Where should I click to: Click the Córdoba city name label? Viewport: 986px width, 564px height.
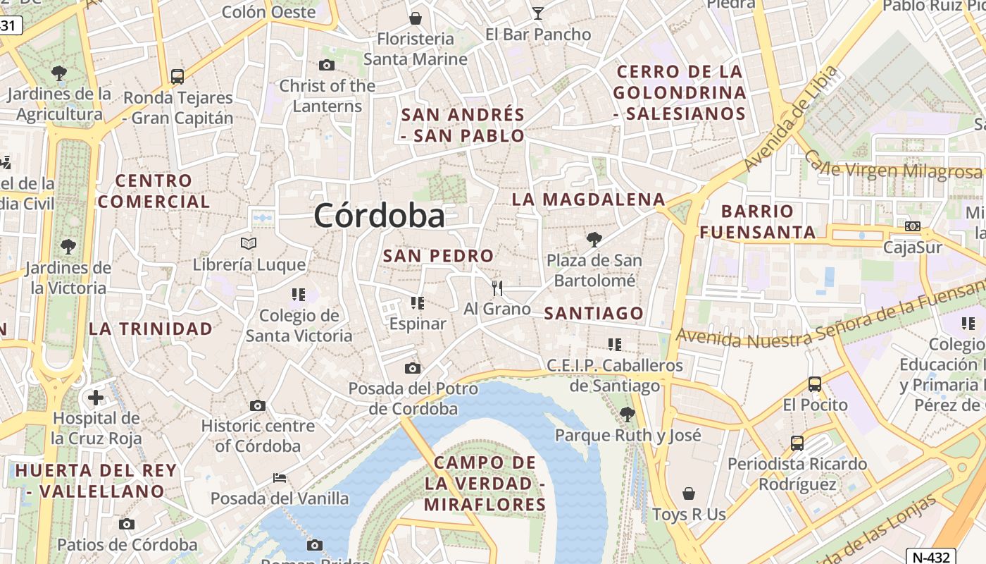379,215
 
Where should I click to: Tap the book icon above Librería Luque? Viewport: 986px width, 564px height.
249,244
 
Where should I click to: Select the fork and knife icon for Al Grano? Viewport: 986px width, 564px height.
497,288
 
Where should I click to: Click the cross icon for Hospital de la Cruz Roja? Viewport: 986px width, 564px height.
96,398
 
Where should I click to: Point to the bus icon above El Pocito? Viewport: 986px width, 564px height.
815,384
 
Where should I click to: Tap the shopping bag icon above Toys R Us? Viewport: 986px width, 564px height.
689,493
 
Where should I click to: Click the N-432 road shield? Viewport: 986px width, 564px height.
930,556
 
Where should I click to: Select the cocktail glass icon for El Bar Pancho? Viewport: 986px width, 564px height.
538,13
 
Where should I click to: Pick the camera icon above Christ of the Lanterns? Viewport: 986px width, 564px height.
327,66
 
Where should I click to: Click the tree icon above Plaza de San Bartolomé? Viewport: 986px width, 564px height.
594,240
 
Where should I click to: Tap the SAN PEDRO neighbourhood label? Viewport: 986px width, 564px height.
438,256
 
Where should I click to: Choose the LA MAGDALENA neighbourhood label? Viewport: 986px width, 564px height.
589,200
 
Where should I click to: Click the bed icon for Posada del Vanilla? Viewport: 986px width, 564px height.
280,478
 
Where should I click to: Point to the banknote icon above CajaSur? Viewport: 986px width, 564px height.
913,226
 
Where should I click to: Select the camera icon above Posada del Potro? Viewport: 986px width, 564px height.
413,368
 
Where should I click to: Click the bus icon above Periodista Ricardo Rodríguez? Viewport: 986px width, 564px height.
797,443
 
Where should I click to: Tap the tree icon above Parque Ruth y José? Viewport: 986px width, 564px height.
628,414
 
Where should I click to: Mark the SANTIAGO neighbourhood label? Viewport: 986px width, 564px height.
594,313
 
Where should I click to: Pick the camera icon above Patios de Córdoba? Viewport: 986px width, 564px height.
127,524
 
